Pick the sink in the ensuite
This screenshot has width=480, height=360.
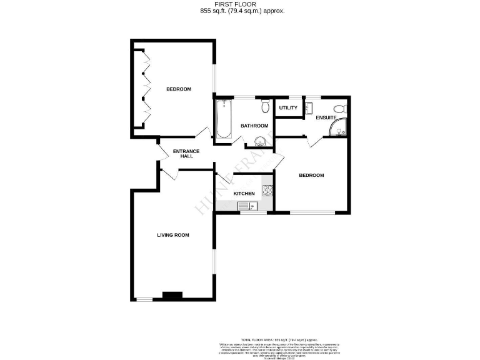[308, 108]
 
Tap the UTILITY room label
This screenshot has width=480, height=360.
[288, 108]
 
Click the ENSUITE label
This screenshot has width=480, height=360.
[326, 117]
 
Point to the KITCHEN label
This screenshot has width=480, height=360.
[244, 194]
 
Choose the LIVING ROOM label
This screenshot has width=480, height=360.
[172, 235]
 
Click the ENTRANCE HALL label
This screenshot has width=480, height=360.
[186, 154]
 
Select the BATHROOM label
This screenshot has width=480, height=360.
[255, 126]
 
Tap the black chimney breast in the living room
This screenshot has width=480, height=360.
[172, 296]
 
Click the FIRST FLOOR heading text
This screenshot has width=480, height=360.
[240, 4]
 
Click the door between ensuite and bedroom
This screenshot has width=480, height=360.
[314, 142]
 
